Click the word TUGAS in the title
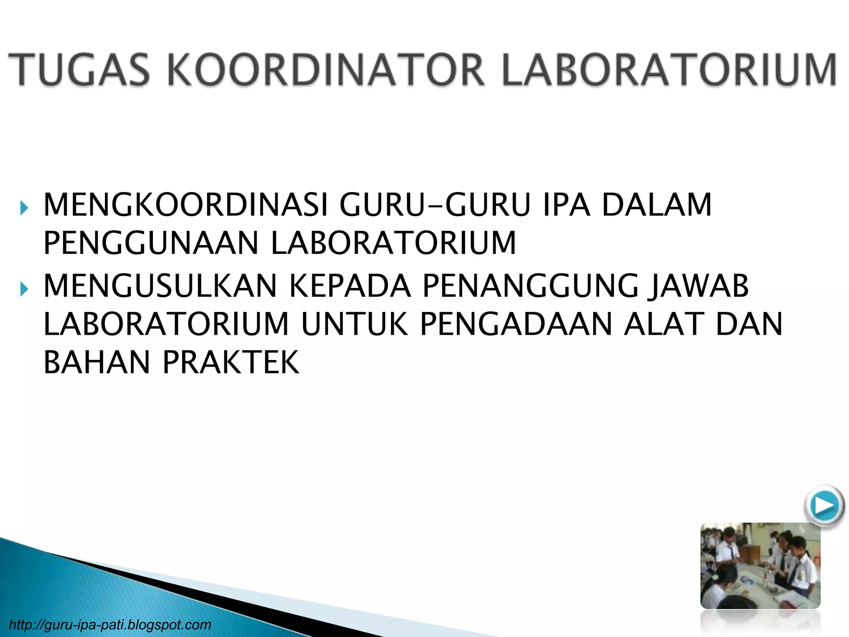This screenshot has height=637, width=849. pos(79,69)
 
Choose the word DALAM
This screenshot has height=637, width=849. pos(657,205)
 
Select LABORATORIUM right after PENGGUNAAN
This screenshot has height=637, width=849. pos(393,243)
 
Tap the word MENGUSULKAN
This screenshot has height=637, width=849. pos(160,286)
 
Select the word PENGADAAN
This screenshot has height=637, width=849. pos(517,324)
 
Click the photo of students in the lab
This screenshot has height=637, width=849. pos(760,566)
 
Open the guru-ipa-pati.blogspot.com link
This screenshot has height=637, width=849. pos(110,625)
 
